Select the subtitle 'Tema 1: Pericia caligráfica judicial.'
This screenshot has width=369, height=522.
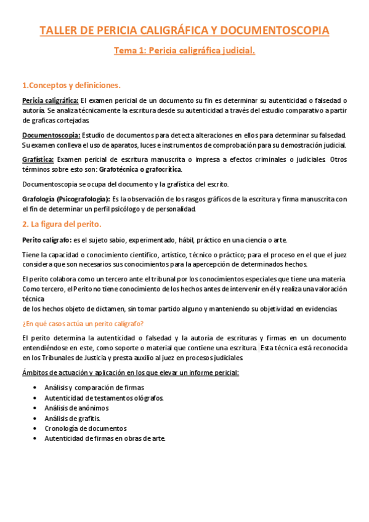pyautogui.click(x=184, y=51)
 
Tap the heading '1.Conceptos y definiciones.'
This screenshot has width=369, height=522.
pyautogui.click(x=71, y=85)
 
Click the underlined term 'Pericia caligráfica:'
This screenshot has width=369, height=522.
pyautogui.click(x=50, y=100)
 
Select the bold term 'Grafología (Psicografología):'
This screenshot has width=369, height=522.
pyautogui.click(x=66, y=199)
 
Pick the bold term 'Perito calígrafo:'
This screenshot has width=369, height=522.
pyautogui.click(x=46, y=239)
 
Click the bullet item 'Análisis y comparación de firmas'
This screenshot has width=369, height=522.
pyautogui.click(x=94, y=388)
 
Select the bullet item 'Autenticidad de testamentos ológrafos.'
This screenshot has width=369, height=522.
pyautogui.click(x=104, y=398)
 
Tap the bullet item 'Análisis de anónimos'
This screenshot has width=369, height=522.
pyautogui.click(x=76, y=408)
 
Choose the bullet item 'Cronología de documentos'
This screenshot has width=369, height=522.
pyautogui.click(x=85, y=428)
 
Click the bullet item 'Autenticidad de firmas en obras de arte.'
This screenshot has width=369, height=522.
pyautogui.click(x=105, y=438)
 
